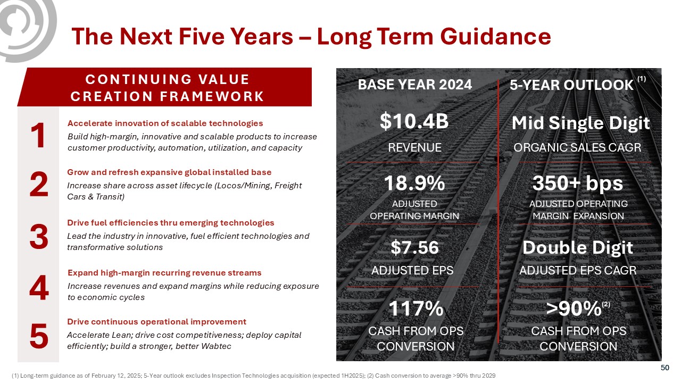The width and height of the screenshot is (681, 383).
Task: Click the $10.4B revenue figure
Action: pyautogui.click(x=414, y=122)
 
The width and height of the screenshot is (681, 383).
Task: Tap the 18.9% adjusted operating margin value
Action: pyautogui.click(x=414, y=184)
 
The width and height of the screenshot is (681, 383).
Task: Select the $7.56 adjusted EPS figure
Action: pyautogui.click(x=414, y=247)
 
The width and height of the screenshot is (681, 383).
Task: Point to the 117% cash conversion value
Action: pyautogui.click(x=416, y=308)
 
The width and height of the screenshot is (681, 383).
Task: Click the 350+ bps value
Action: pyautogui.click(x=578, y=184)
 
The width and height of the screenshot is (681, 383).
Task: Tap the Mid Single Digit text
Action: pyautogui.click(x=580, y=123)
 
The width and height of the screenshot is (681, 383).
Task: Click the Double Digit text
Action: pyautogui.click(x=578, y=247)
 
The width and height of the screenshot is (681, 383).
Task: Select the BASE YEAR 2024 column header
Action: pyautogui.click(x=414, y=85)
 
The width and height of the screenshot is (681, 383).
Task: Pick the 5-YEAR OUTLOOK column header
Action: pyautogui.click(x=572, y=85)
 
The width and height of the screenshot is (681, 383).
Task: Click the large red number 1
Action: pyautogui.click(x=38, y=136)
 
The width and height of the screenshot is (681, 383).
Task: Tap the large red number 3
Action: pyautogui.click(x=38, y=237)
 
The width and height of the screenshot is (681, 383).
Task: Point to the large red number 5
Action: pyautogui.click(x=38, y=336)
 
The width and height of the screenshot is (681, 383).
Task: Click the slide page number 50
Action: pyautogui.click(x=665, y=368)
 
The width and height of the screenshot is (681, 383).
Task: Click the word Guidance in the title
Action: pyautogui.click(x=497, y=37)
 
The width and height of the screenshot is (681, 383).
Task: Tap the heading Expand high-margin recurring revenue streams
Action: pyautogui.click(x=164, y=273)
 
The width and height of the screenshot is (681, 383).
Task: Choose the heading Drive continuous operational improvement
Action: pyautogui.click(x=156, y=322)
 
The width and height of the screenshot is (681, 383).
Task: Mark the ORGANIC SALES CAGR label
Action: pyautogui.click(x=577, y=148)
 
